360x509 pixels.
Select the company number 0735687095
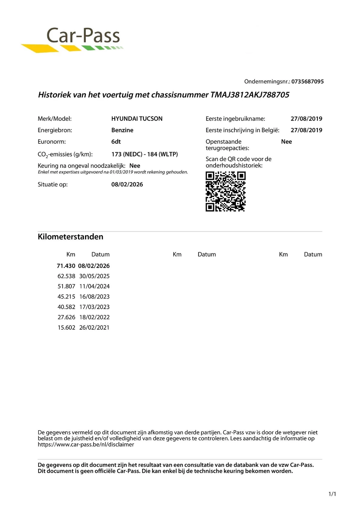tap(307, 82)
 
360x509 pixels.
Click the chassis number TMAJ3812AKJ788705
tap(250, 95)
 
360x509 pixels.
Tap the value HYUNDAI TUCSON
tap(137, 119)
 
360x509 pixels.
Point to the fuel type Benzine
tap(122, 130)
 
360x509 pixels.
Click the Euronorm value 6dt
tap(116, 142)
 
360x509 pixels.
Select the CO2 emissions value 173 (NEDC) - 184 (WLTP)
tap(144, 154)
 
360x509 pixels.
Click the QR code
tap(225, 192)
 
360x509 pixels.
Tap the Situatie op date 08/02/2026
tap(127, 185)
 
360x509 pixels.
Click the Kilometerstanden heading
tap(70, 237)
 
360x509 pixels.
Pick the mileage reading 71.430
tap(66, 266)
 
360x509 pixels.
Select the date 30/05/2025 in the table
tap(94, 276)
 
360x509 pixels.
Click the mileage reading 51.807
tap(66, 286)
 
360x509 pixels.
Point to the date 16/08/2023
tap(94, 297)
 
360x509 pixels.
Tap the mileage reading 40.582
tap(66, 307)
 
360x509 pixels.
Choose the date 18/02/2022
tap(94, 317)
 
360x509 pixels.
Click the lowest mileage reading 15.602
tap(66, 328)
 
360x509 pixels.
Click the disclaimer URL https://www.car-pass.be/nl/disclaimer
tap(86, 445)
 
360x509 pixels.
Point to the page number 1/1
tap(332, 494)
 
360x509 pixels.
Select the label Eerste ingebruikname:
tap(235, 119)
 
